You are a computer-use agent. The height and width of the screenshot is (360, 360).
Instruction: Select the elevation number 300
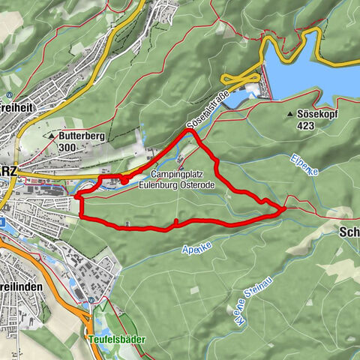[67, 148]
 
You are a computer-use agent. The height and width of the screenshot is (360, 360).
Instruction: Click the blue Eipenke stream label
[304, 164]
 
